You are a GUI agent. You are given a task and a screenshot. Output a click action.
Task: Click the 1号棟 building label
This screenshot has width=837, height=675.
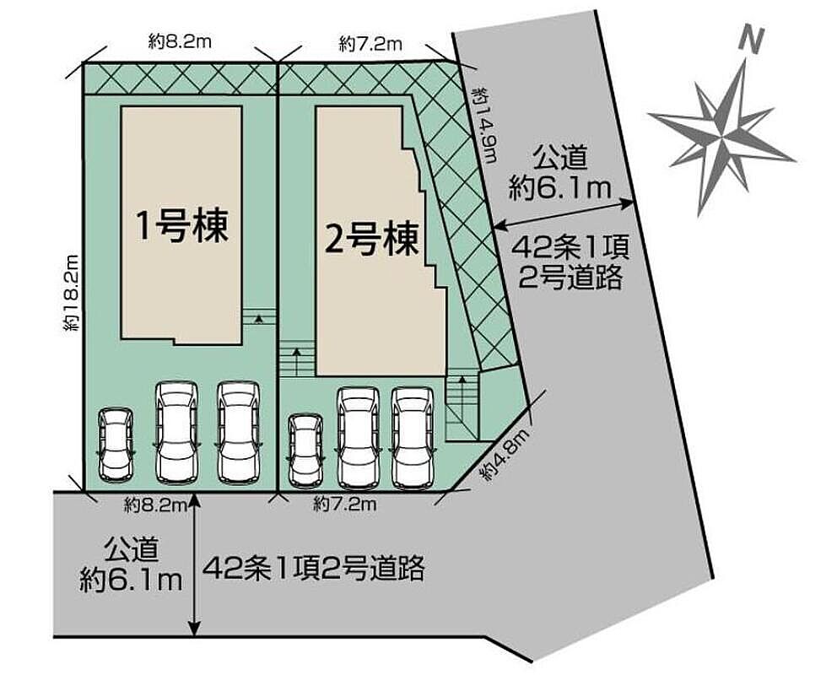(x=183, y=226)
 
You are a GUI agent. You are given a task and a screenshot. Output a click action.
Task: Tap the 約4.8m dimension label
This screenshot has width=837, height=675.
(x=504, y=456)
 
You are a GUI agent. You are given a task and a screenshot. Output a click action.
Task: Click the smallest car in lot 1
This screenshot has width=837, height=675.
(x=114, y=445)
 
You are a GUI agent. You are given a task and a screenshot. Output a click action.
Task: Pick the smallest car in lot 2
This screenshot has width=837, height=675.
(x=304, y=449)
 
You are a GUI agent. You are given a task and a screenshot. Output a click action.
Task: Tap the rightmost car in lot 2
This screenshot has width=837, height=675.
(x=411, y=437)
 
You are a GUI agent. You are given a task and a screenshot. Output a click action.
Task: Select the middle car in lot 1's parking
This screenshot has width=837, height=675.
(x=176, y=432)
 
